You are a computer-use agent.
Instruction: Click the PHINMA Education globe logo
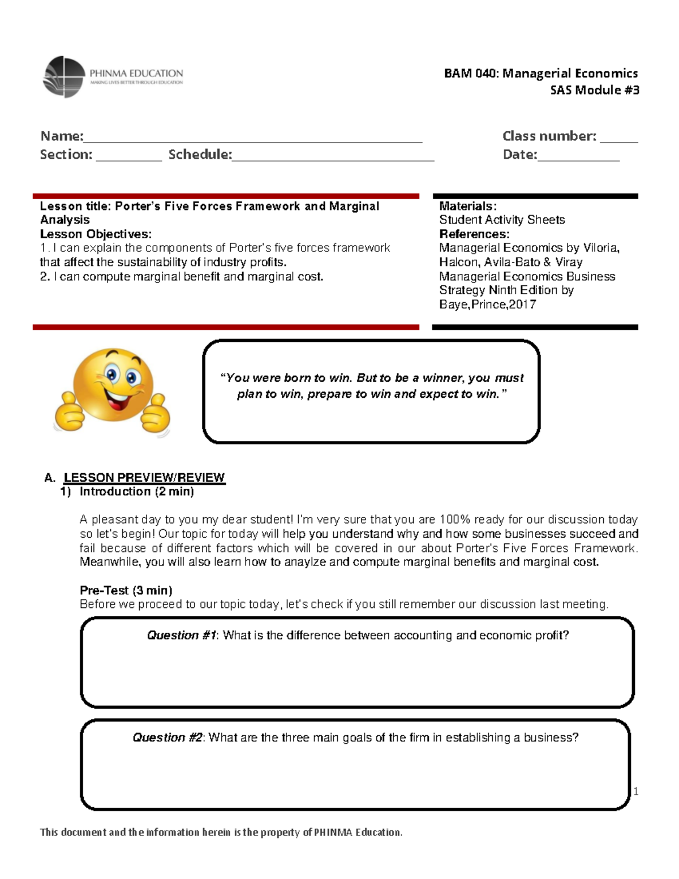(64, 77)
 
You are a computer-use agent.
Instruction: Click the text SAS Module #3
(594, 90)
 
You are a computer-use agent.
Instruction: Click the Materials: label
(467, 206)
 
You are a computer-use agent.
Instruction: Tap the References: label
(474, 234)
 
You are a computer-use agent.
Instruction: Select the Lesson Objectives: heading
(96, 234)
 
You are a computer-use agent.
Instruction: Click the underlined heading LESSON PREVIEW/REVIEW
(144, 477)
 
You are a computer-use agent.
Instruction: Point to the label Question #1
(181, 635)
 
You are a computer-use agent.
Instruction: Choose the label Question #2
(167, 737)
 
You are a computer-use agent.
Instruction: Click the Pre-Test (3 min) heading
(126, 590)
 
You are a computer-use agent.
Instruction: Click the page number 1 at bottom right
(635, 791)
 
